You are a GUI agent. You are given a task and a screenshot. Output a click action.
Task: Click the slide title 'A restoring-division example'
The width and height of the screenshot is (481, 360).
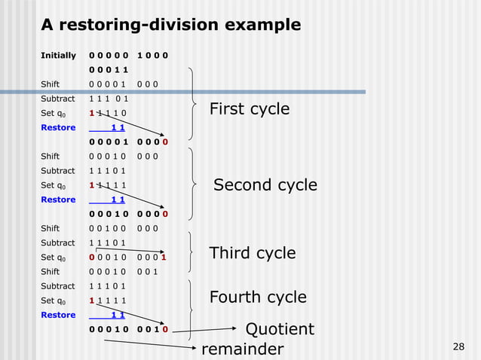click(x=170, y=25)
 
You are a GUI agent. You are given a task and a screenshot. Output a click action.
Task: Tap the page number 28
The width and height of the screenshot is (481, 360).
click(x=457, y=346)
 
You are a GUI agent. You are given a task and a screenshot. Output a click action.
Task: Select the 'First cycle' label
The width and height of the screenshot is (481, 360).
click(x=249, y=109)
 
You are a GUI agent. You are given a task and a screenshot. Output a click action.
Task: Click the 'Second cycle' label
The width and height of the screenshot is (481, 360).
click(x=265, y=185)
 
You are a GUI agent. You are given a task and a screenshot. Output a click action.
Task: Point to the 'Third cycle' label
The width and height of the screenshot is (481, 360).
click(x=252, y=253)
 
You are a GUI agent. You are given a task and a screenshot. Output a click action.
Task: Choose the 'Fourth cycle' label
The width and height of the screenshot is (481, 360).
click(x=257, y=297)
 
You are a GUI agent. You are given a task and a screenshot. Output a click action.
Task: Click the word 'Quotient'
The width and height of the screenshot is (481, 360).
click(x=280, y=330)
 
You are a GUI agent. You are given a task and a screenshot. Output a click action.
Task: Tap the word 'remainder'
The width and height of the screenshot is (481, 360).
click(x=242, y=349)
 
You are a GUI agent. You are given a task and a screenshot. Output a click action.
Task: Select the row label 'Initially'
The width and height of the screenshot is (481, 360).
click(x=58, y=55)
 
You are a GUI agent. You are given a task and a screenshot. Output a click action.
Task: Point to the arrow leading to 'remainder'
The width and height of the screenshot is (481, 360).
click(x=151, y=345)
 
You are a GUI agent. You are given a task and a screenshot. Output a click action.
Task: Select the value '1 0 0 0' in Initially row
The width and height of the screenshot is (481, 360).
click(x=152, y=55)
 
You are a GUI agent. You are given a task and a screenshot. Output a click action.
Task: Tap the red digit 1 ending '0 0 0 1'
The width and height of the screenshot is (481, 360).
click(x=164, y=258)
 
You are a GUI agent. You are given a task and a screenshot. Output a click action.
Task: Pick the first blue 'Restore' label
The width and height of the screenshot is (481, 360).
click(x=58, y=127)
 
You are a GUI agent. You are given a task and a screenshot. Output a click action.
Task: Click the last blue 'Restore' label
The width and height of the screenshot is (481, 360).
click(x=58, y=315)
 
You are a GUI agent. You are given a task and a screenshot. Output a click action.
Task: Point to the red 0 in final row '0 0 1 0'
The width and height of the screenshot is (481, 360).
click(x=165, y=329)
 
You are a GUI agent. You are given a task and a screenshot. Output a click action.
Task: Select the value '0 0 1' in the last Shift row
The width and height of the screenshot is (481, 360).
click(x=148, y=272)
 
